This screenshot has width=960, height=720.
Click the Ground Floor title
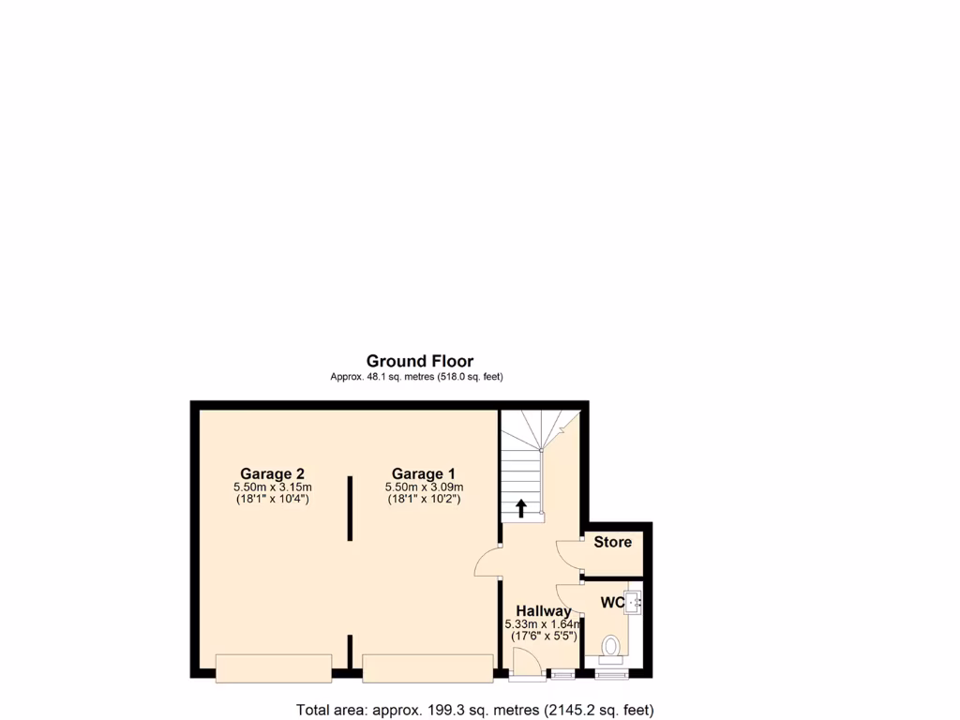[419, 361]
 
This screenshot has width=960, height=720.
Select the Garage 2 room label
[272, 473]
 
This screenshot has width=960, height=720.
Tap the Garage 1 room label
[424, 473]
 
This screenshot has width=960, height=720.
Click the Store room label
[612, 542]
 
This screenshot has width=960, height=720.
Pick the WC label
[613, 602]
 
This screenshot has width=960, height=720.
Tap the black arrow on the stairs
[521, 508]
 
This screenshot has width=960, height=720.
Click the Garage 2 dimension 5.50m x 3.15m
[272, 487]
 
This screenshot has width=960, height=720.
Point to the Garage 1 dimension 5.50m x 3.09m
[424, 487]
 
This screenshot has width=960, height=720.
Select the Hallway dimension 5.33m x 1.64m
[543, 624]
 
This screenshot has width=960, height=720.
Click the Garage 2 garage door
[273, 667]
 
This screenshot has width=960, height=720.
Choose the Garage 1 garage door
[427, 667]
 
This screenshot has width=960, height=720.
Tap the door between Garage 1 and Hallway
[487, 562]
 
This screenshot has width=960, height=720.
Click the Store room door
[570, 554]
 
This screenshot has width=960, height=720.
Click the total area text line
[474, 710]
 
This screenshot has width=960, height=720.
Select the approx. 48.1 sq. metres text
[416, 377]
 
